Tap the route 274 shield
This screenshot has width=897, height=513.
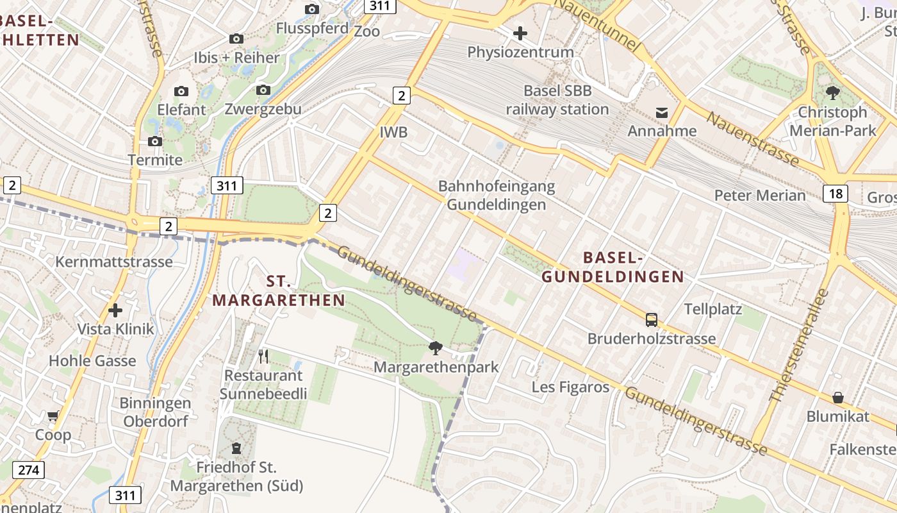coord(29,470)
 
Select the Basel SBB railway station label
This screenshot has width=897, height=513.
coord(557,100)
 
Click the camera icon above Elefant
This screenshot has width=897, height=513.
coord(181,91)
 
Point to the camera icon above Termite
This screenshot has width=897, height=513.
coord(154,141)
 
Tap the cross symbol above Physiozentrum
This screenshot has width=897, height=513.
coord(520,33)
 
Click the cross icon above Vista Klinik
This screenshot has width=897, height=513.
coord(115,311)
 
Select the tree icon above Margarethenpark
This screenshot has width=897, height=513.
coord(436,348)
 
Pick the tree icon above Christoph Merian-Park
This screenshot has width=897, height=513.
coord(833,94)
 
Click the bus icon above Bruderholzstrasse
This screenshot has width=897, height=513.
coord(652,319)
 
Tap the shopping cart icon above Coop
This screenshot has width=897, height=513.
coord(53,416)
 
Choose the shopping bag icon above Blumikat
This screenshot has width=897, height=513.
coord(837,398)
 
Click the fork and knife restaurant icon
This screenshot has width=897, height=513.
coord(263,356)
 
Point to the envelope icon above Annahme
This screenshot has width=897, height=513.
coord(662,113)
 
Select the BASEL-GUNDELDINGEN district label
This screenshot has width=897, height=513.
coord(613,267)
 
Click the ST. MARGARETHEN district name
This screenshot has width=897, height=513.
coord(279,290)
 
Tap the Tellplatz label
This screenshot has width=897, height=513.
coord(713,309)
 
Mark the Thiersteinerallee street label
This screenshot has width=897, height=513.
coord(798,347)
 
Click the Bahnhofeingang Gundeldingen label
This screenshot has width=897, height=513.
coord(497,196)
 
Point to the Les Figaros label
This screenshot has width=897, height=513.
coord(570,387)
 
